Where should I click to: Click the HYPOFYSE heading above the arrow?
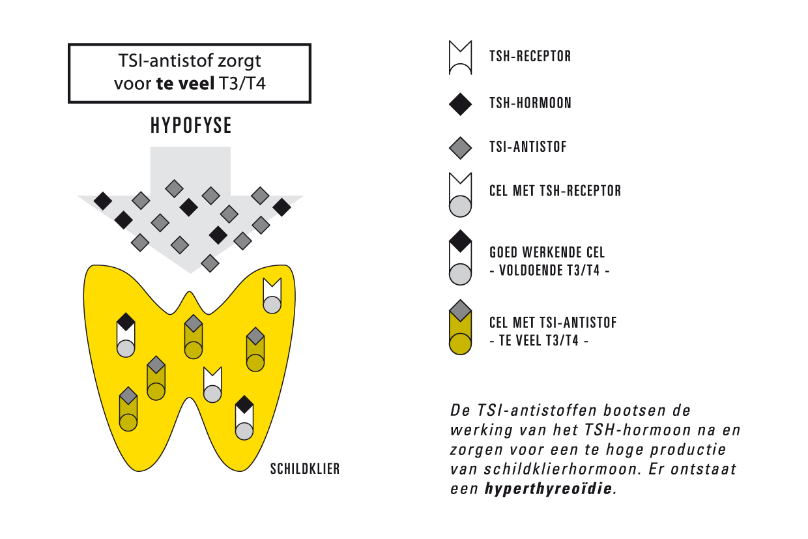(x=191, y=126)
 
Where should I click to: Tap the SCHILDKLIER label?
(x=304, y=469)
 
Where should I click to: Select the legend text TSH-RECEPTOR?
(x=530, y=57)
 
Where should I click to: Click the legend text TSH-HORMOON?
(x=530, y=104)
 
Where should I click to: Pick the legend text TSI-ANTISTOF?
(x=528, y=147)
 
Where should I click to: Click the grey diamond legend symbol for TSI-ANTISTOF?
(x=461, y=147)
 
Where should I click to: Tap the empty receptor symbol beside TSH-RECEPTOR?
(x=460, y=57)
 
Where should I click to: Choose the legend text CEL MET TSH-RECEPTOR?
(x=555, y=191)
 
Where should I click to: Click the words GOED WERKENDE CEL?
(x=547, y=253)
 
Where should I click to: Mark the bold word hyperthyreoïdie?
(x=549, y=489)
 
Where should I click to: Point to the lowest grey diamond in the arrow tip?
(x=209, y=263)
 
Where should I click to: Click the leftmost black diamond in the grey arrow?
(x=102, y=201)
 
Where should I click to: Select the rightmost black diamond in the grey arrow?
(x=281, y=207)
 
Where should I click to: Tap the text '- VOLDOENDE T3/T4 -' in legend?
(x=549, y=271)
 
